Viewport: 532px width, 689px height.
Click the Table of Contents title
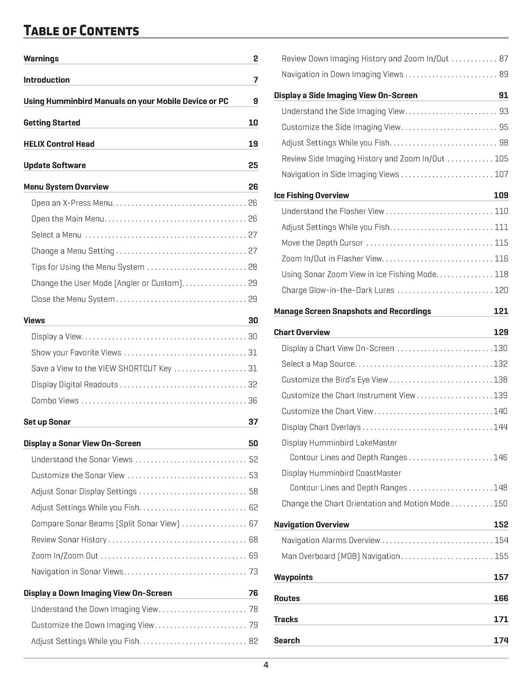(81, 31)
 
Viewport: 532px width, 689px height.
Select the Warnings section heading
(41, 59)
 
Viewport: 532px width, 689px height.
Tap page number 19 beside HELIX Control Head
(253, 144)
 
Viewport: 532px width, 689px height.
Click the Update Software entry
(55, 165)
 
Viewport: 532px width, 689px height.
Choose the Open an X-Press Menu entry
(72, 203)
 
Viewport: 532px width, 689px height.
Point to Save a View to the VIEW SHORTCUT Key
(101, 368)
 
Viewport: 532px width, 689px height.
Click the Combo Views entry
(55, 401)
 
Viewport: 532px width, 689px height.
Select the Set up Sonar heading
(47, 422)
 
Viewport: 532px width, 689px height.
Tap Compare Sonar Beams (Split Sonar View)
(105, 524)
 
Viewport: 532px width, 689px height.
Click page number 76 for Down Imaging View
(253, 593)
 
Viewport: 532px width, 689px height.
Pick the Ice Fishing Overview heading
(311, 195)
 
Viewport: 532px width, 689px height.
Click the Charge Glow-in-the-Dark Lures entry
(338, 290)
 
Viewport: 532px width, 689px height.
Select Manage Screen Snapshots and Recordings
(352, 311)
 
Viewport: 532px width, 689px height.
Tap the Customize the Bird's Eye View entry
(335, 380)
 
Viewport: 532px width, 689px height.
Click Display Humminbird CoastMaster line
(341, 473)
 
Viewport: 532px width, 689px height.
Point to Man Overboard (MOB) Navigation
(341, 556)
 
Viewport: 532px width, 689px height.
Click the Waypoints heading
(293, 577)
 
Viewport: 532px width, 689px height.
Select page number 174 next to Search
(501, 641)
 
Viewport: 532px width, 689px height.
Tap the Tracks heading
(286, 619)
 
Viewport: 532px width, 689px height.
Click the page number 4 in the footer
(265, 665)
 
